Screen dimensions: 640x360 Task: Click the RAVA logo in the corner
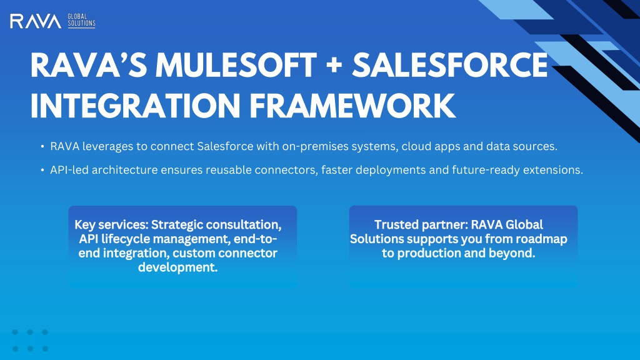click(x=36, y=21)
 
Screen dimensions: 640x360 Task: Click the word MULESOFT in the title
click(x=236, y=65)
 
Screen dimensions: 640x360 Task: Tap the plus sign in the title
click(x=334, y=66)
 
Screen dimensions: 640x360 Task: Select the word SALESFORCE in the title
click(x=450, y=65)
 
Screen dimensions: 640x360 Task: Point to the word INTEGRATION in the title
click(x=136, y=106)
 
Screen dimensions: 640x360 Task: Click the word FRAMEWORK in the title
click(x=352, y=106)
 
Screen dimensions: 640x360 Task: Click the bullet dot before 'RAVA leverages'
click(x=42, y=146)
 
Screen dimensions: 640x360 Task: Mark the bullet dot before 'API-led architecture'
click(x=42, y=170)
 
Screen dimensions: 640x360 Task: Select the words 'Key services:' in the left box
click(x=111, y=225)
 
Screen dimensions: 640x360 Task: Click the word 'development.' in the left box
click(x=178, y=267)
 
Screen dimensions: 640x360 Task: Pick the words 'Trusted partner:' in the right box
click(x=421, y=225)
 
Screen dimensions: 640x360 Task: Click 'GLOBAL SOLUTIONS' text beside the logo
click(x=81, y=21)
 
